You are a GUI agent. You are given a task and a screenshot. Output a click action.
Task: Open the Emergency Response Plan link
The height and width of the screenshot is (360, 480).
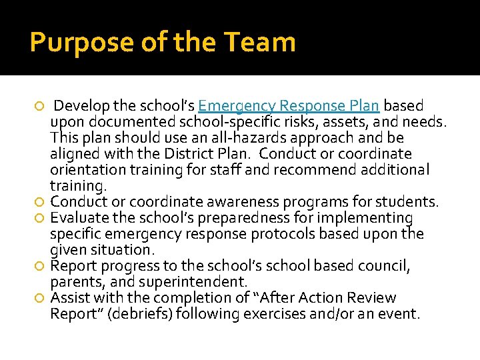(x=289, y=106)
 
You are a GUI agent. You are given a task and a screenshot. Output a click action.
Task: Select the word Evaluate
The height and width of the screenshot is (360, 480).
(x=77, y=218)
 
